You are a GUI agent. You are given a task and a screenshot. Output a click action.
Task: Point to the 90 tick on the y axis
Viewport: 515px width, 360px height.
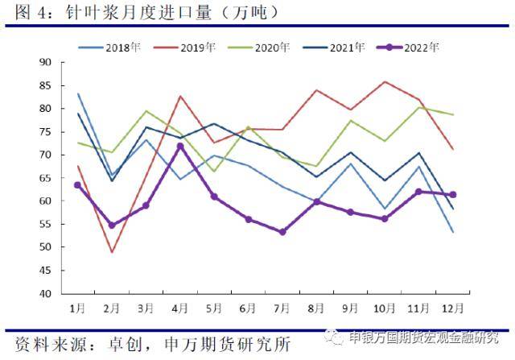coord(45,62)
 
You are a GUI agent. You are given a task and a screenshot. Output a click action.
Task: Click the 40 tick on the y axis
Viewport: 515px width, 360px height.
coord(45,293)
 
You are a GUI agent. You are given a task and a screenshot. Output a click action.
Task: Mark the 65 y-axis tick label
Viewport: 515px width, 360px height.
coord(45,178)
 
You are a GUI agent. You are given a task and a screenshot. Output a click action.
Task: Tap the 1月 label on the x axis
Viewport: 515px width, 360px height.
coord(77,308)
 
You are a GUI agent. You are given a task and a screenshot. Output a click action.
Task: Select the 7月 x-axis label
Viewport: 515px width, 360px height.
coord(283,308)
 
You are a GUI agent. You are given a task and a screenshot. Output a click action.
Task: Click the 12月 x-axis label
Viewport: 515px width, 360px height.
coord(452,308)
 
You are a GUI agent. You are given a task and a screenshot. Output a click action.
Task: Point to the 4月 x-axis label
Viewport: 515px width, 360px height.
coord(180,308)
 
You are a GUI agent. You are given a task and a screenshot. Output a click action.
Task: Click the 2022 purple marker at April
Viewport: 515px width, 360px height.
coord(180,146)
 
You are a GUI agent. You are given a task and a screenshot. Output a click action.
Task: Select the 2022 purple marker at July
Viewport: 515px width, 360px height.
coord(282,232)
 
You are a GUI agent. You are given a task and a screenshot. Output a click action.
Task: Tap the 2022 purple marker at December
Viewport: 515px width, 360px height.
coord(453,194)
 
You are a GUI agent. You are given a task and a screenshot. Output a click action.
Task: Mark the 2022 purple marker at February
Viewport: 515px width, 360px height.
coord(112,226)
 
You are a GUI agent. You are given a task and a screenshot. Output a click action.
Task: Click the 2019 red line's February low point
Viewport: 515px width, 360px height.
coord(112,252)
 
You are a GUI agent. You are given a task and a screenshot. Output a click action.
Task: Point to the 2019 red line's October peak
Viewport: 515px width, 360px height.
coord(385,81)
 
